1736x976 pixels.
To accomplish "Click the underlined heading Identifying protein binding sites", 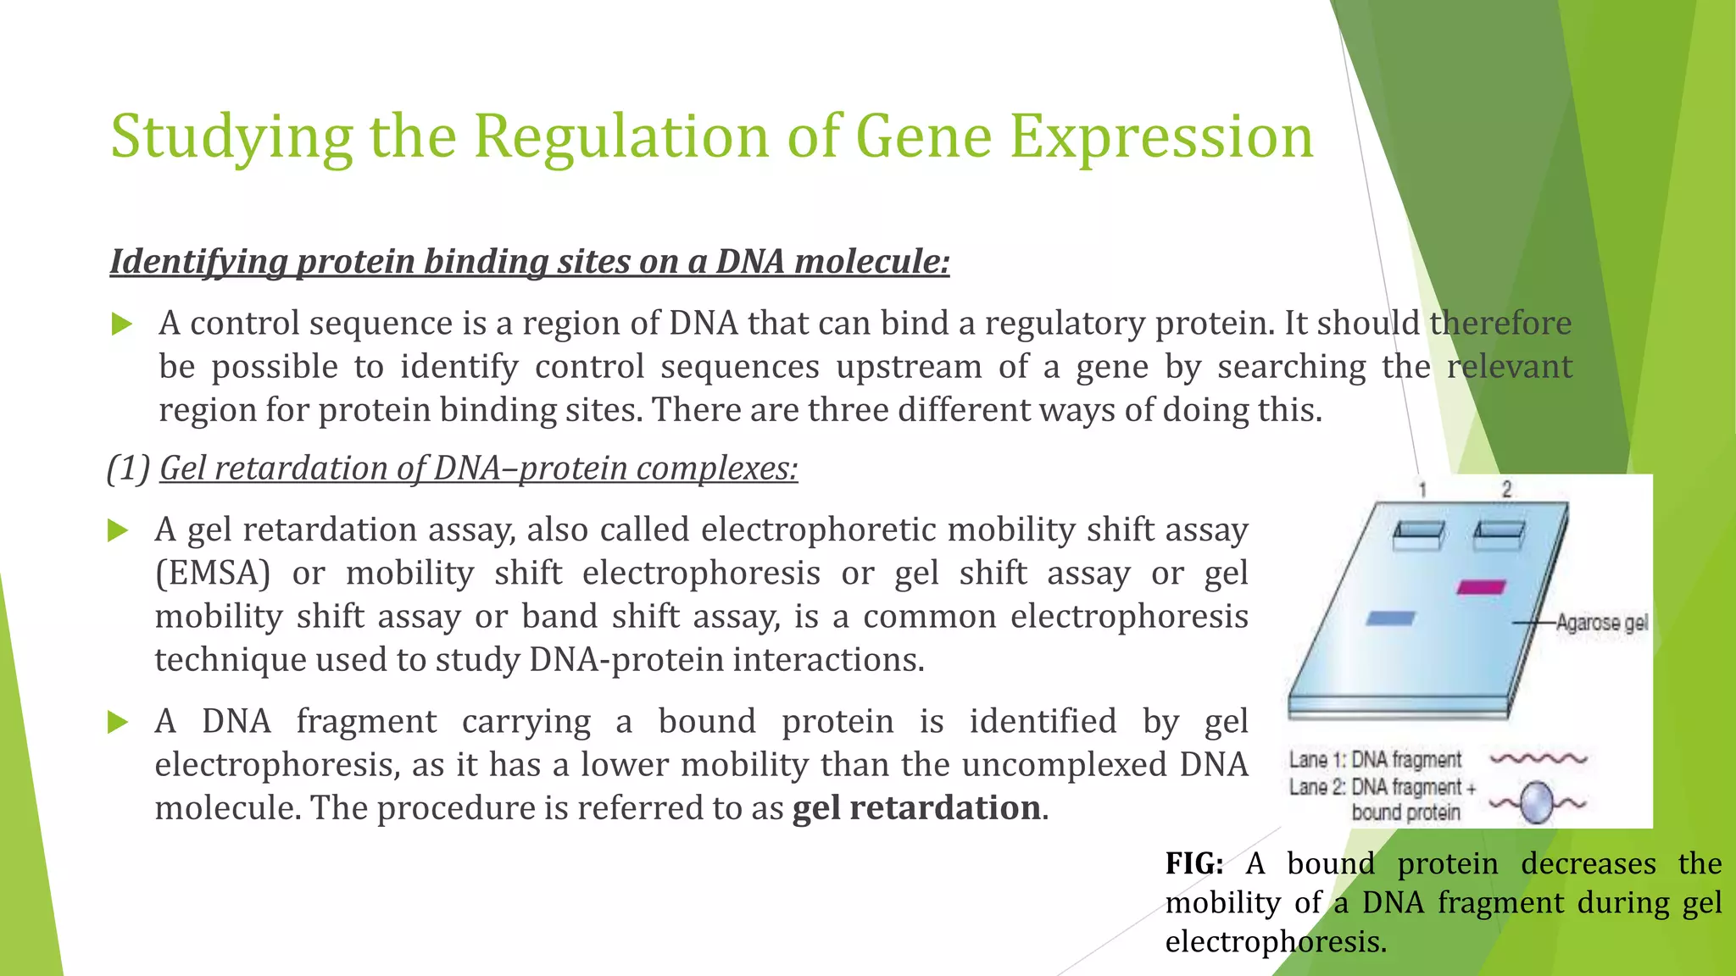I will pyautogui.click(x=529, y=262).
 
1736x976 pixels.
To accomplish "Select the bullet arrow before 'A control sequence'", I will pyautogui.click(x=122, y=324).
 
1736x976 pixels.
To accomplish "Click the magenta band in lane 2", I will pyautogui.click(x=1481, y=587).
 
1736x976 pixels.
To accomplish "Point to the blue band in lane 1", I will pyautogui.click(x=1390, y=618).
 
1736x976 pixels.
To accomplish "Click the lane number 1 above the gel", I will pyautogui.click(x=1423, y=490).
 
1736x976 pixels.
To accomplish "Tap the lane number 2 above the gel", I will pyautogui.click(x=1506, y=489).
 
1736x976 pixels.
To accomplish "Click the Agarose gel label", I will pyautogui.click(x=1601, y=623).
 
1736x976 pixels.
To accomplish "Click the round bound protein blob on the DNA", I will pyautogui.click(x=1536, y=802).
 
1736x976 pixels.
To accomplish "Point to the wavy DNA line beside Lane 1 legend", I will pyautogui.click(x=1538, y=758).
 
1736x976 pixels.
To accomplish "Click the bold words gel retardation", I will pyautogui.click(x=916, y=808).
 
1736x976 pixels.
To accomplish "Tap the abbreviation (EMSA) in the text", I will pyautogui.click(x=213, y=574).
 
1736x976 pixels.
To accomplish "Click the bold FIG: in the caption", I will pyautogui.click(x=1193, y=864).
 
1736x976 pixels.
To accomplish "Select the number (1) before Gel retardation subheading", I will pyautogui.click(x=128, y=469).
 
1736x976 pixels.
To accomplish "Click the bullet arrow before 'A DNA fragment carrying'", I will pyautogui.click(x=119, y=723).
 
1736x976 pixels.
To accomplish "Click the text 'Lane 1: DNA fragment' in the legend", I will pyautogui.click(x=1375, y=759).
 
